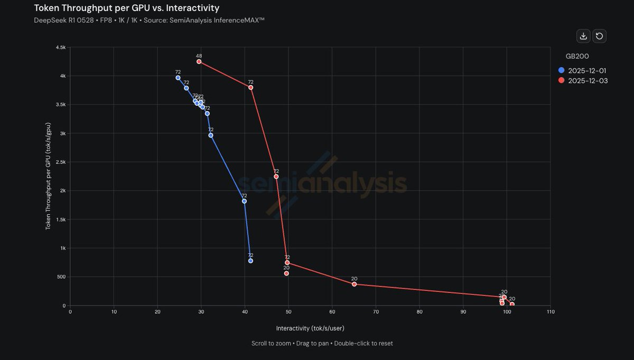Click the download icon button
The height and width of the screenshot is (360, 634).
pos(583,36)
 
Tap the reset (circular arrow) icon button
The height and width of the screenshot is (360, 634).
pos(599,36)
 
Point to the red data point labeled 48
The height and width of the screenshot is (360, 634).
pos(199,61)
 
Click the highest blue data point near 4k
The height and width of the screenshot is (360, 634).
pos(178,78)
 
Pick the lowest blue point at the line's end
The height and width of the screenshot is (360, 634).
pos(250,261)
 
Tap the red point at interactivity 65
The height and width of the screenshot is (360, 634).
pos(354,284)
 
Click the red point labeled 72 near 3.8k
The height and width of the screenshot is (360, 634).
pos(250,87)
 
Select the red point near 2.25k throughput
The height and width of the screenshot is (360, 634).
pos(276,177)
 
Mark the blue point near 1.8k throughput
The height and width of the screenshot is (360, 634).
pos(244,201)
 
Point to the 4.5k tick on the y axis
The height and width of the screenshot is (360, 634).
pos(60,48)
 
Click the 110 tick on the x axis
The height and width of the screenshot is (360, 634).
pos(550,312)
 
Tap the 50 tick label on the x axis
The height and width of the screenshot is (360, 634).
pos(288,312)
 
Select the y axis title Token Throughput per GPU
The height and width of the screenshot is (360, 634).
pos(48,176)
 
